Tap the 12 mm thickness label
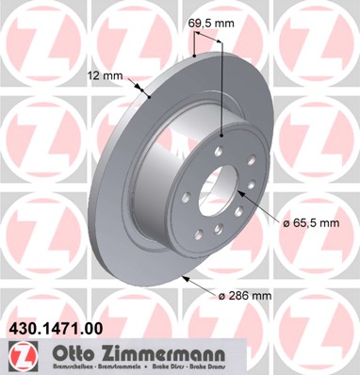coord(106,76)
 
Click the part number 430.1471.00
coord(56,331)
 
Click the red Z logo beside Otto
coord(18,355)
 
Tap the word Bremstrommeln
coord(113,367)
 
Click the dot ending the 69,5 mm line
coord(221,135)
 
